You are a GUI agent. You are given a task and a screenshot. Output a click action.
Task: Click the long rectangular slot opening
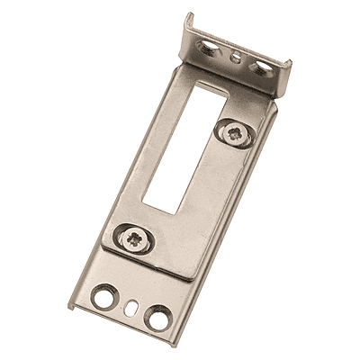pos(185,148)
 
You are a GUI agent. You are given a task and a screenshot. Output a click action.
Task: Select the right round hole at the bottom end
pos(159,317)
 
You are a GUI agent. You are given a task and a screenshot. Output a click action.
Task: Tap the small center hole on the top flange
pos(236,56)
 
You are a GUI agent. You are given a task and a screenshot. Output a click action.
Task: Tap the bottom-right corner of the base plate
pos(166,345)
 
